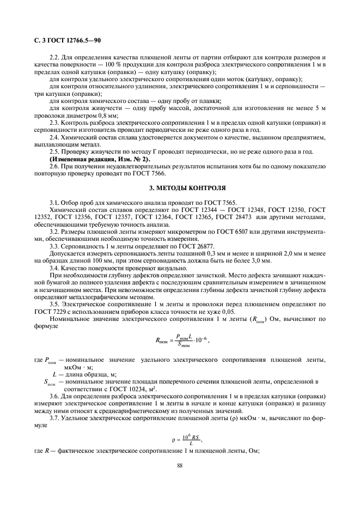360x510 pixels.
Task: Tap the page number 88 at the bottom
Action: [179, 465]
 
